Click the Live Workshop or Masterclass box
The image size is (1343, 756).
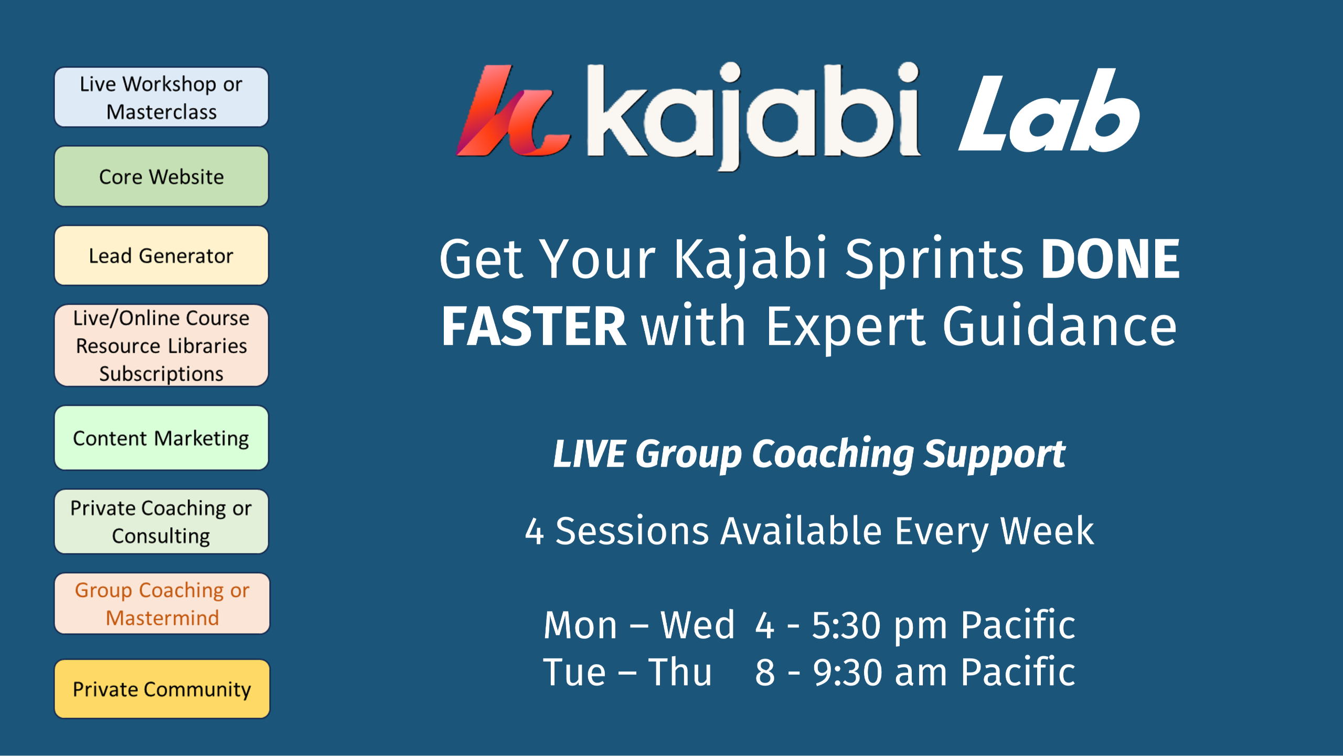(x=162, y=97)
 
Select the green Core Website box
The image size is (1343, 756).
(x=162, y=176)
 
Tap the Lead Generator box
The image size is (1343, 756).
(x=162, y=256)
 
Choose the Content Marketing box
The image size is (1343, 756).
(x=162, y=438)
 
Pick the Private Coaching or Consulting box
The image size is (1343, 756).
(x=162, y=521)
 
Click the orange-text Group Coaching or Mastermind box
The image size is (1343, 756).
(x=162, y=604)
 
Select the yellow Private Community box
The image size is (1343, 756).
(x=162, y=689)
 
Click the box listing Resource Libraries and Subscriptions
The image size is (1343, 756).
(x=162, y=345)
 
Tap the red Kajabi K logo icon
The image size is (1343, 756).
(x=511, y=111)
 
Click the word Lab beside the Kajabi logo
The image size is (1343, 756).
(x=1049, y=111)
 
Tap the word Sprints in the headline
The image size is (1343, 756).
(x=934, y=260)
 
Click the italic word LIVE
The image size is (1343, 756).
(x=590, y=454)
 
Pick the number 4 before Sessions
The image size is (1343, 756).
(x=535, y=531)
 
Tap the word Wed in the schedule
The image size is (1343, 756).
(x=698, y=625)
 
